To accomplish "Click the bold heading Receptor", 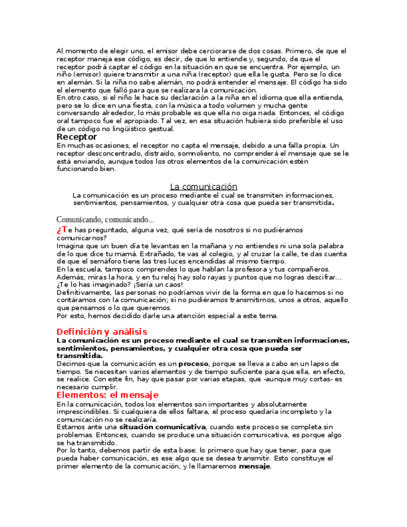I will (x=76, y=137).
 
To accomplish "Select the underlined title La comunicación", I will (x=203, y=186).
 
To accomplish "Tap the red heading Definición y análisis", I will (x=101, y=331).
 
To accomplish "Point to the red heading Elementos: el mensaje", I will (x=107, y=395).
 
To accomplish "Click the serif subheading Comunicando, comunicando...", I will (x=105, y=219).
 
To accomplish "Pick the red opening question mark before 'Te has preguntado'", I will (x=59, y=229).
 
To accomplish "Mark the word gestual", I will (x=161, y=129).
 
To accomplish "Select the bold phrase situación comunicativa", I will (x=162, y=427).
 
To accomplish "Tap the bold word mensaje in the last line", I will (x=255, y=466).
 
